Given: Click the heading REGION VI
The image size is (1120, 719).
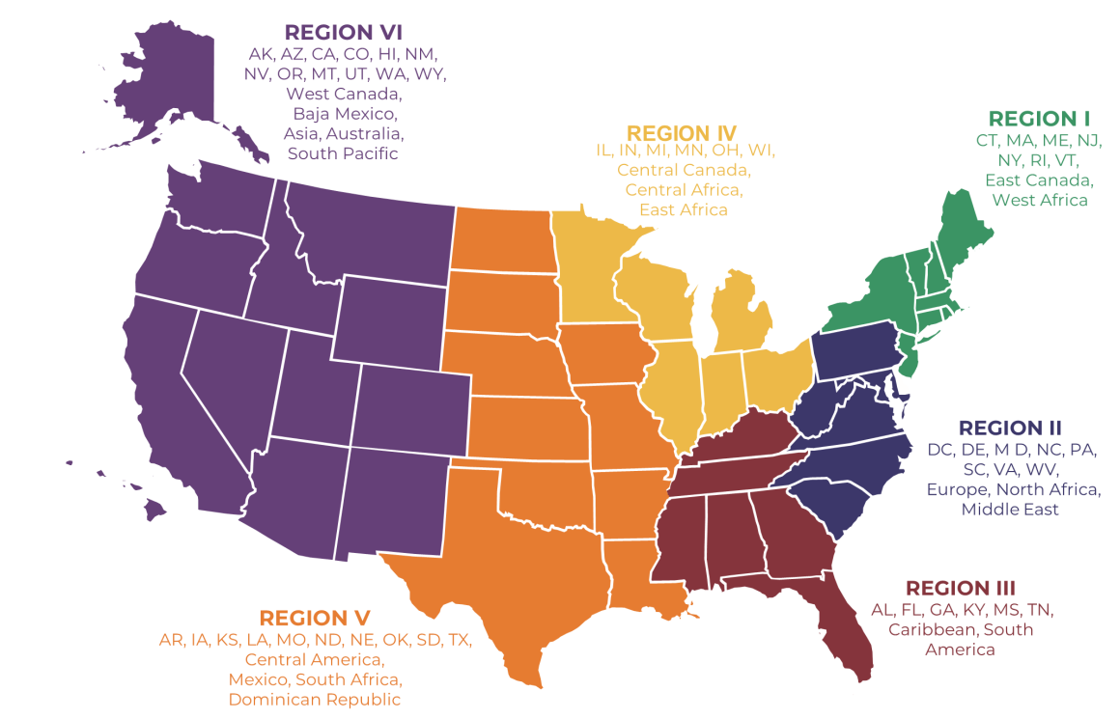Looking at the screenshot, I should tap(343, 33).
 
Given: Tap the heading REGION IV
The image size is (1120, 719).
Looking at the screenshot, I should tap(682, 131).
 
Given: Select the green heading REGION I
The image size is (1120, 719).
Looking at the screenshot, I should tap(1040, 119).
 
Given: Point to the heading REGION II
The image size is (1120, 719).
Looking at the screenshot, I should tap(1009, 428).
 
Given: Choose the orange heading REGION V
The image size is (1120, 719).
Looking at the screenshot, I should tap(315, 618).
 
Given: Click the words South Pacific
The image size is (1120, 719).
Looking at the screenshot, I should tap(343, 152).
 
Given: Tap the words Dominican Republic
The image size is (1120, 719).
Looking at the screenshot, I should tap(315, 699).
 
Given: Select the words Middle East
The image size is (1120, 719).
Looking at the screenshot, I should tap(1009, 508).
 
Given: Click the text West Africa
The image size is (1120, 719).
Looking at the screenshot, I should tap(1039, 200).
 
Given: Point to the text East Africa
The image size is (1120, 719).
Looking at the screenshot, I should tap(683, 208).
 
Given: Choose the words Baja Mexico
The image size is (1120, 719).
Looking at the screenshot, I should tap(343, 113).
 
